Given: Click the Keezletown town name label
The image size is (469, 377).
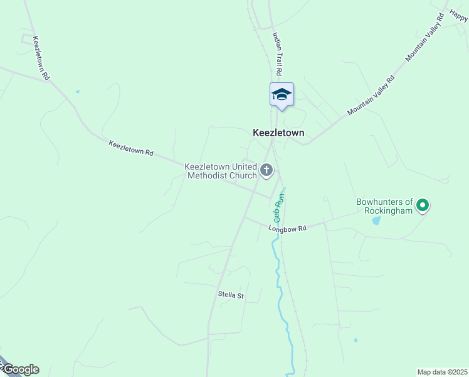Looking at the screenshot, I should coord(278,133).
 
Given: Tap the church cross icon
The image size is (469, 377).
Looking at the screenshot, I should coord(266,170).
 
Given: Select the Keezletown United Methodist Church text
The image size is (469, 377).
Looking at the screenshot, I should coord(221,171).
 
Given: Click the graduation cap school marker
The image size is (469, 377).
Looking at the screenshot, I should coord(282,94).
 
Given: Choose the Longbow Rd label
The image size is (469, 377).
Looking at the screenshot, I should coord(287,229).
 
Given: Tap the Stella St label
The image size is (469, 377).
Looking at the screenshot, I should coord(231,295).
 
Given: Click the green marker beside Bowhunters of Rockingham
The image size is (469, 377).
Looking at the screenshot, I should coord(423,205).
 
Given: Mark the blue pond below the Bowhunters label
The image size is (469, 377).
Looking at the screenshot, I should coord(376,221).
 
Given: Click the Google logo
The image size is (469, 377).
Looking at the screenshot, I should coord(20,369).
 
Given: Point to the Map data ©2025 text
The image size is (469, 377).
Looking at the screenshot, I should coord(442,372).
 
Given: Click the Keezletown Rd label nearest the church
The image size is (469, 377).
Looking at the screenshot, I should coord(131,148).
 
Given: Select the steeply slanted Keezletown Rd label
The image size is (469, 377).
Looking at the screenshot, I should coord(41,58).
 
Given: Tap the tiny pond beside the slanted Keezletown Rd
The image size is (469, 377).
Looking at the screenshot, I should coord(78,92).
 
